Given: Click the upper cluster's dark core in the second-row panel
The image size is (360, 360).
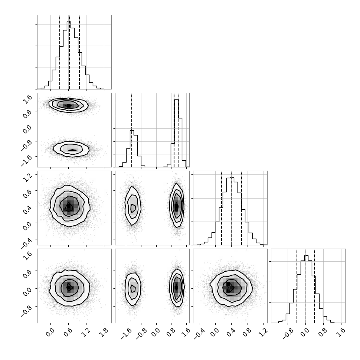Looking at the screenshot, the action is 69,106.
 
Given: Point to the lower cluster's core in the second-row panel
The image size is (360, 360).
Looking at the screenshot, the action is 72,150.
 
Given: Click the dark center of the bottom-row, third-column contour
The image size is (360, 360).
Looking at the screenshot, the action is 229,288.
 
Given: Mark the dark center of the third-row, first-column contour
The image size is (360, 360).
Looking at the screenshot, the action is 68,208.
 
